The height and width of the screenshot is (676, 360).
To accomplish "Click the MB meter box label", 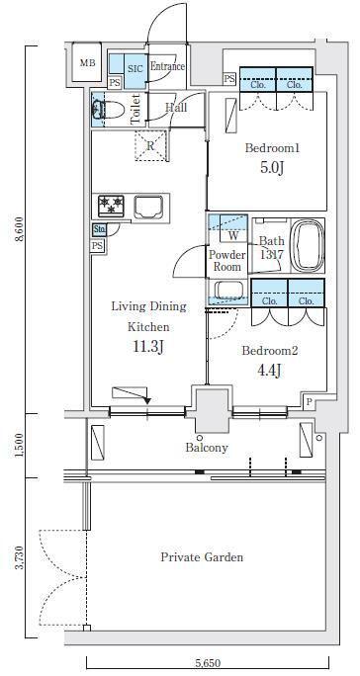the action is point(88,63).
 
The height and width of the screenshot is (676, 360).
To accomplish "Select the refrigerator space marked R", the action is point(150,145).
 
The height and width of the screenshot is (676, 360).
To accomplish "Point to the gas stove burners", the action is point(112,206).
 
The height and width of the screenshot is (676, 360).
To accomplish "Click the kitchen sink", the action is point(148,208).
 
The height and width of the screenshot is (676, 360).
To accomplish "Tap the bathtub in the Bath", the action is point(307,246).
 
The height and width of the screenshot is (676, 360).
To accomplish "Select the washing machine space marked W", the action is point(233,235).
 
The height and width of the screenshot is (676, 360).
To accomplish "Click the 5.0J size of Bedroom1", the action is point(272,167).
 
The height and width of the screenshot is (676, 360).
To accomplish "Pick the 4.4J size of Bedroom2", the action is point(270,370).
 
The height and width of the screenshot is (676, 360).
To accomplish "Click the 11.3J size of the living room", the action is point(148,346).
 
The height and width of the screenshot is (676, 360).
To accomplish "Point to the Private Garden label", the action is point(202,557).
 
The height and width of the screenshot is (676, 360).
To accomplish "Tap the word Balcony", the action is point(207,448).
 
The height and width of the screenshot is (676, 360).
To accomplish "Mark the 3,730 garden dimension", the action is point(20,557).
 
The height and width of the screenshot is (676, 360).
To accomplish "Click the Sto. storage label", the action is point(99,230).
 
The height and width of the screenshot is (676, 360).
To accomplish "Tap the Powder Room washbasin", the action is point(228,291).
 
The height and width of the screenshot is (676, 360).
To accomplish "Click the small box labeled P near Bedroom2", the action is point(309,401).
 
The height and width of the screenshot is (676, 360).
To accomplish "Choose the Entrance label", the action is point(167,67).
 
